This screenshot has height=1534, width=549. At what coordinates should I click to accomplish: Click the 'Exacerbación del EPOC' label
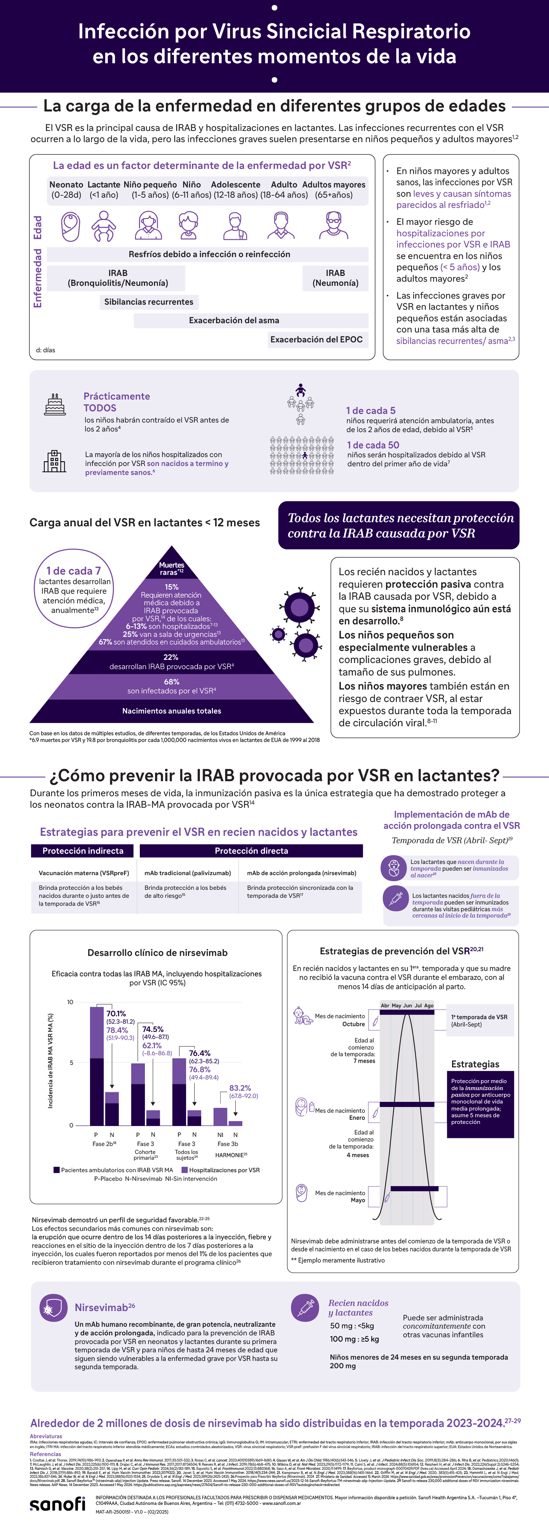tap(316, 340)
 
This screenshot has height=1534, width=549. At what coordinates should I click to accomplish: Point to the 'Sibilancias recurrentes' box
tap(149, 302)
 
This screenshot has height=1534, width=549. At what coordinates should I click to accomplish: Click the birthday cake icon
tap(55, 404)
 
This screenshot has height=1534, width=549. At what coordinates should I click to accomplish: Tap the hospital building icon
tap(54, 462)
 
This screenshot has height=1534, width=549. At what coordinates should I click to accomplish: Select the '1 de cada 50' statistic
tap(373, 445)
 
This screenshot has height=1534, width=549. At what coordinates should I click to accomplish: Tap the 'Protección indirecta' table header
tap(83, 851)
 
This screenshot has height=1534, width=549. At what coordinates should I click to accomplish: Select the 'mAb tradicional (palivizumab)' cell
tap(188, 873)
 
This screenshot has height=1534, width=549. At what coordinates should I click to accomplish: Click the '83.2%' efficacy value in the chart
tap(240, 1088)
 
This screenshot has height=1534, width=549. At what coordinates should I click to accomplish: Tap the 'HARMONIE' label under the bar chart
tap(231, 1155)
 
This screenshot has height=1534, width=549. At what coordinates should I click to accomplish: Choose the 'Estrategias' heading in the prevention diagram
tap(475, 1064)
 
